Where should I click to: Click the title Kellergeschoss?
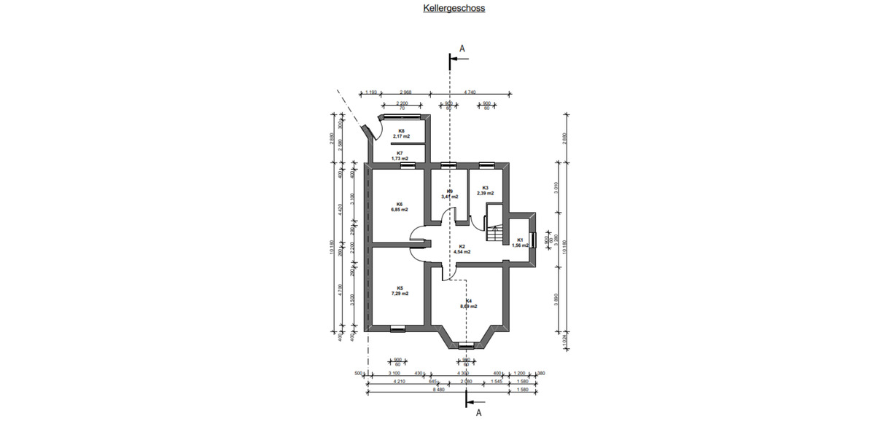(454, 9)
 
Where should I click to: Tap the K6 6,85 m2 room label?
(399, 207)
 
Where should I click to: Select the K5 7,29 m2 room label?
(399, 291)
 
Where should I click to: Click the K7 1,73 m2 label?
(399, 155)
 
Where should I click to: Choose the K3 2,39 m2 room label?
(485, 190)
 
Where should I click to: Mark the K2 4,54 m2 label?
(462, 249)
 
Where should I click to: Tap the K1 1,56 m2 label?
(520, 243)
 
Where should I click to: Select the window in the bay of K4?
(466, 345)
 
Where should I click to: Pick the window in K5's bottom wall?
(397, 328)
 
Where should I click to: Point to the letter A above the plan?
(462, 49)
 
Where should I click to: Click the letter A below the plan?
(479, 413)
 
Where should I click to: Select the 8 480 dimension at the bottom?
(437, 389)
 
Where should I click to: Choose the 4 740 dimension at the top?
(470, 92)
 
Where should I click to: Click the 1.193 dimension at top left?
(371, 92)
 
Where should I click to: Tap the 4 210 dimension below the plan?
(399, 381)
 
